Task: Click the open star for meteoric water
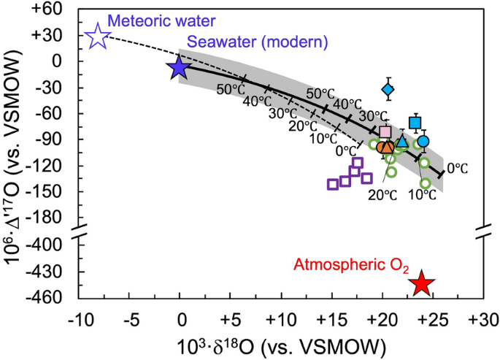tap(97, 36)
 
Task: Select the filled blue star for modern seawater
tap(179, 67)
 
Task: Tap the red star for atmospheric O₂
tap(421, 283)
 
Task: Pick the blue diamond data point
tap(388, 90)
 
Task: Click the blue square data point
tap(415, 123)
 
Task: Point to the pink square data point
tap(385, 132)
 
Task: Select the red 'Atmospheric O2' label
tap(347, 264)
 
